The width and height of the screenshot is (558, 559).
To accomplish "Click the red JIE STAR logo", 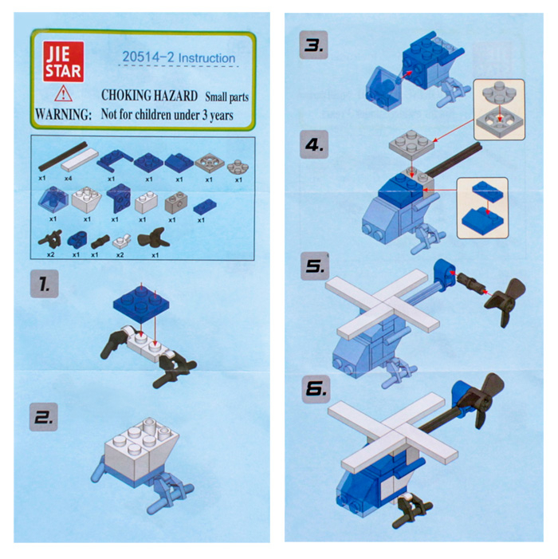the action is [64, 61].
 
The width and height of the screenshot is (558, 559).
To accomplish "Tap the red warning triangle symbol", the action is [64, 94].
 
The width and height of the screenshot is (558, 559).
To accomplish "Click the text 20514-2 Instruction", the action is [179, 57].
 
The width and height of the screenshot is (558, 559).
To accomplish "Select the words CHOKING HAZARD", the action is [149, 96].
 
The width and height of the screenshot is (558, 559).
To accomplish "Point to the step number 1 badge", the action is [44, 284].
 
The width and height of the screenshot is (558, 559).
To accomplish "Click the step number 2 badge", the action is [44, 417].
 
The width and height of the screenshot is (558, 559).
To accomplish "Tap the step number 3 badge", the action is [313, 45].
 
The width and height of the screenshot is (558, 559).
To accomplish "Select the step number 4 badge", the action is [314, 144].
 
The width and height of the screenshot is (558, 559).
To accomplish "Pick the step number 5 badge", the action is [316, 266].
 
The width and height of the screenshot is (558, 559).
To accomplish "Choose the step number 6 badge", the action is [316, 389].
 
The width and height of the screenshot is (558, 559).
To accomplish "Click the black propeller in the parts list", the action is [154, 238].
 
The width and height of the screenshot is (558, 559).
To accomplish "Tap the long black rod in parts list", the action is [63, 156].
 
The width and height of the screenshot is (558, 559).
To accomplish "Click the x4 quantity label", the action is [68, 179].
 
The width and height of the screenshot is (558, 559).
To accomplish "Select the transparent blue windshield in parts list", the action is [53, 199].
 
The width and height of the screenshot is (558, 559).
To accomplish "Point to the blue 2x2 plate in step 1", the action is [141, 302].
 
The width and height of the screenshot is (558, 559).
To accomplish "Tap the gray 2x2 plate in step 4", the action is [411, 145].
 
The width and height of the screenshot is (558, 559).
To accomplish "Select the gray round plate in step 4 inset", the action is [499, 93].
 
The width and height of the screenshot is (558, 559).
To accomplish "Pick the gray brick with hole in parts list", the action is [176, 203].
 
